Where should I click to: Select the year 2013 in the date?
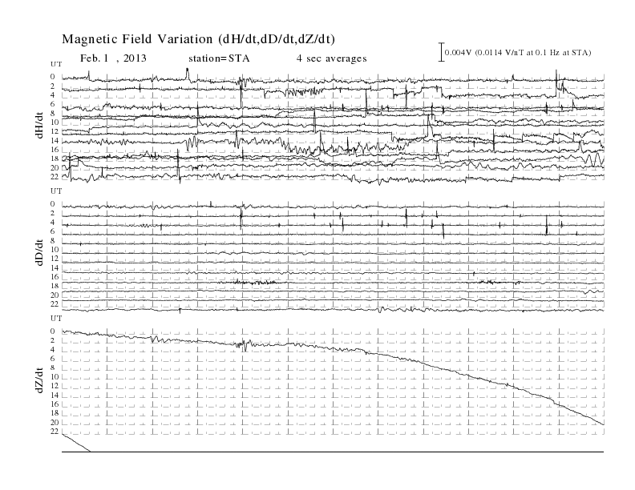(135, 58)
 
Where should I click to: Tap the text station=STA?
(219, 58)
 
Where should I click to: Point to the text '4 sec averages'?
(331, 58)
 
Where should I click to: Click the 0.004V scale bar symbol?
(442, 52)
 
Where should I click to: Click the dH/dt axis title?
(39, 126)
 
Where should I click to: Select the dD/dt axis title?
(39, 252)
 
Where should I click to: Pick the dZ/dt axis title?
(39, 380)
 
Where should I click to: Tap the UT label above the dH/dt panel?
(56, 64)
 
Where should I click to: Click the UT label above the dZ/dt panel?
(56, 318)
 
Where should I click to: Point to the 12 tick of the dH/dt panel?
(55, 131)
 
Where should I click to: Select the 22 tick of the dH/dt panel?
(55, 177)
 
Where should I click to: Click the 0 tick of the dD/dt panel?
(53, 203)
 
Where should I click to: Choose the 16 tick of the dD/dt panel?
(55, 276)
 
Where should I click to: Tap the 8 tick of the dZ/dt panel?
(53, 367)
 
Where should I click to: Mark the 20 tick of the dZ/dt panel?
(55, 423)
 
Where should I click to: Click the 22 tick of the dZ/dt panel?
(55, 432)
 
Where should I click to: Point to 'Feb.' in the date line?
(89, 58)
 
